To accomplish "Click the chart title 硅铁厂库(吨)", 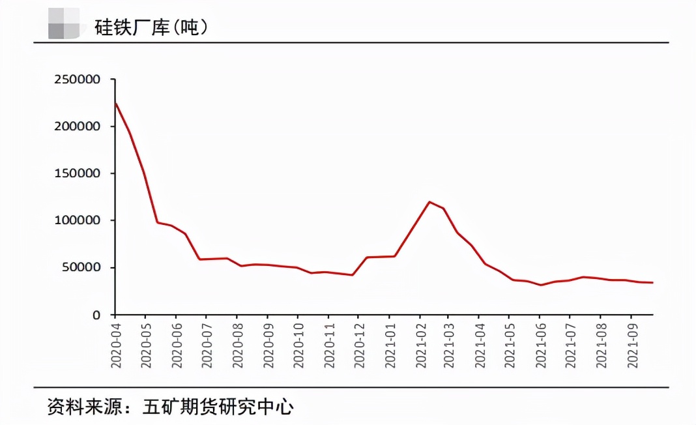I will click(151, 27).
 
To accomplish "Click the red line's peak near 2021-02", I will click(429, 202).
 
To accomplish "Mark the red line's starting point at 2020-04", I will click(115, 103).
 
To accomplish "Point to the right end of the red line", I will click(652, 282).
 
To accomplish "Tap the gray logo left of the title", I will click(64, 24).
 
